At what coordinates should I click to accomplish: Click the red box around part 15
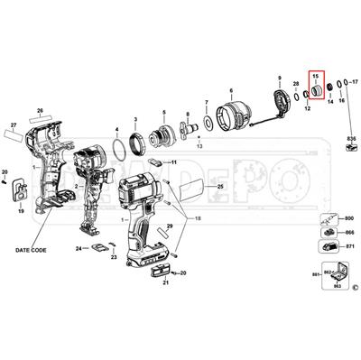pyautogui.click(x=317, y=88)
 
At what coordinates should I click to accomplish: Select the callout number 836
pyautogui.click(x=351, y=136)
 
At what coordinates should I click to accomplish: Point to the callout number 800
pyautogui.click(x=351, y=219)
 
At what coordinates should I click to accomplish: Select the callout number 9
pyautogui.click(x=280, y=79)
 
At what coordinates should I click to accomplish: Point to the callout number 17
pyautogui.click(x=353, y=69)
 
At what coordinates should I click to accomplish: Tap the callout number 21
pyautogui.click(x=165, y=283)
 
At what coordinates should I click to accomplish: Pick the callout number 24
pyautogui.click(x=79, y=248)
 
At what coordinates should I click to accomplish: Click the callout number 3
pyautogui.click(x=135, y=119)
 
